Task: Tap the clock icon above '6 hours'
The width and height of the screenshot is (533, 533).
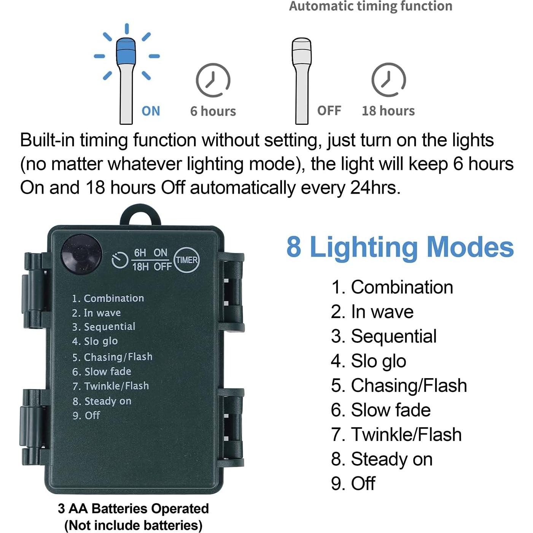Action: point(213,80)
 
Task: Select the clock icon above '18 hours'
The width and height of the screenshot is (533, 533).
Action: point(388,80)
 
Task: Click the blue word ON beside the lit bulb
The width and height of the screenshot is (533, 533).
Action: point(151,111)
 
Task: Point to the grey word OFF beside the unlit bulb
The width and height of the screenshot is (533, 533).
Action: point(329,111)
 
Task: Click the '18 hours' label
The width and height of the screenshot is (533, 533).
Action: point(388,111)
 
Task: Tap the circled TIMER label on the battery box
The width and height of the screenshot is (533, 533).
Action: point(186,260)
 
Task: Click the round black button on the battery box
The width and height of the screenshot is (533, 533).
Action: point(82,253)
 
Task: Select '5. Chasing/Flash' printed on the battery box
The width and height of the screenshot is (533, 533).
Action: point(112,357)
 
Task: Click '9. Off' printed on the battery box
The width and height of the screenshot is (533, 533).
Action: point(86,415)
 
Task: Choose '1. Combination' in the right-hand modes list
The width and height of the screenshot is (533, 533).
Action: point(392,287)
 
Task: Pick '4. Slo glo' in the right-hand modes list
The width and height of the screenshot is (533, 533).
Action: point(368,361)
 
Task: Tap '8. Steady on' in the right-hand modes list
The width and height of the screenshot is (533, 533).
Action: point(382,459)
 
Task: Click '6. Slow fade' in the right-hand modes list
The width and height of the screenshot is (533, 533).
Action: point(380,410)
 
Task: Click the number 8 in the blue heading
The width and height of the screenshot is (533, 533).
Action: point(294,247)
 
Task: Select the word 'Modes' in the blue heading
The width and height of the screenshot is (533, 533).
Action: point(470,247)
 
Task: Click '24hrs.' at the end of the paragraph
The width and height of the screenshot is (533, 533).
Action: point(375,188)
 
